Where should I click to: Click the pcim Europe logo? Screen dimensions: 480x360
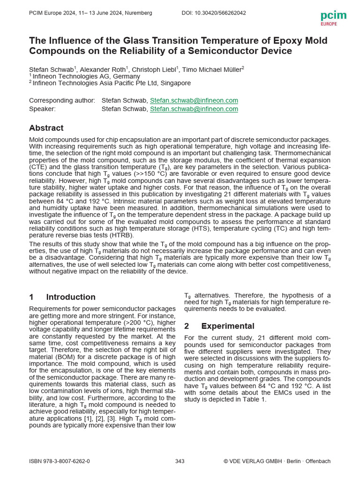point(333,17)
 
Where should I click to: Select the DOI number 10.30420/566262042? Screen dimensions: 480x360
point(214,13)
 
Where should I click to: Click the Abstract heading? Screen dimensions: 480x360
point(46,128)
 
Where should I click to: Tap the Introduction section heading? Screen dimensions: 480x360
point(70,297)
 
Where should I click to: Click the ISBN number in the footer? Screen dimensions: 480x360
point(60,461)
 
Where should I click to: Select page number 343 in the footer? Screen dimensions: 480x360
point(180,461)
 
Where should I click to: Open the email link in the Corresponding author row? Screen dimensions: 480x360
point(194,100)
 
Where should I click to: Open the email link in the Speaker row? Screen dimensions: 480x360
point(194,109)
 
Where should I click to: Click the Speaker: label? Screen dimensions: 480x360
point(42,109)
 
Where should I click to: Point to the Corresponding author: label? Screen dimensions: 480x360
point(62,100)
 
